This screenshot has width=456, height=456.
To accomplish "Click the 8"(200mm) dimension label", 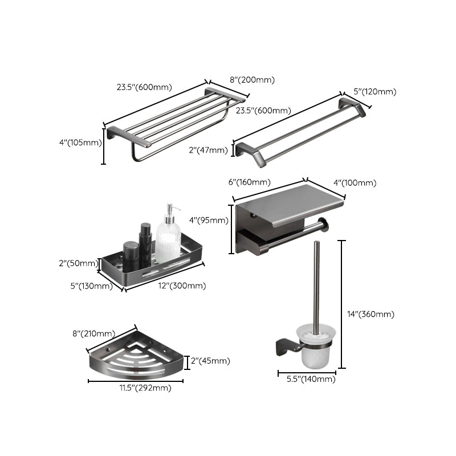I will coord(251,80).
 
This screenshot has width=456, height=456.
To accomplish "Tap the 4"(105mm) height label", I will coord(79,143).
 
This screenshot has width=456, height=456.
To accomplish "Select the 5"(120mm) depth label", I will coord(374,92).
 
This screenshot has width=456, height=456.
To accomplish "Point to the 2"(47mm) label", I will coord(210,150).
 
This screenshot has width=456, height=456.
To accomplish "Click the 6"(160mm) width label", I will coord(249,182).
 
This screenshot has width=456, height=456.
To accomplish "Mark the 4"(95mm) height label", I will coord(207,221).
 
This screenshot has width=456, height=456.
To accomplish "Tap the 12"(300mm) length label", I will coord(182,286).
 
